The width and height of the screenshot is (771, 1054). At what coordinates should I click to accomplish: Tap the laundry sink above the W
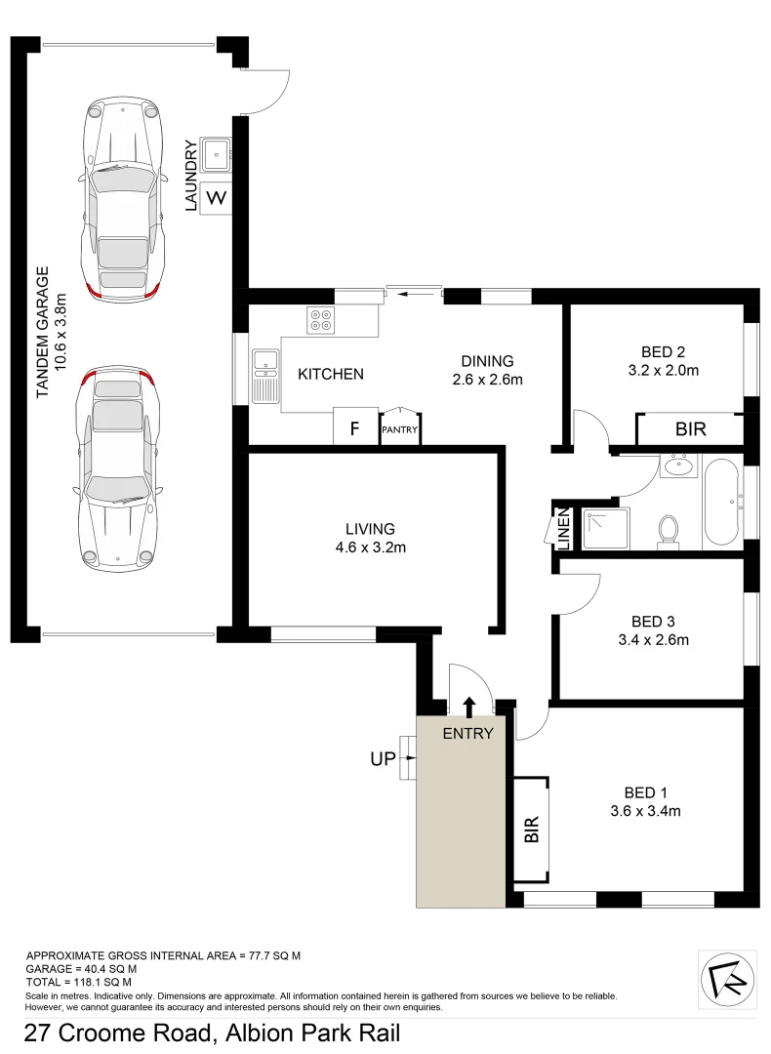(x=216, y=154)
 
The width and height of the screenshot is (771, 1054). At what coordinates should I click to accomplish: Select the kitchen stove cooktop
(x=320, y=319)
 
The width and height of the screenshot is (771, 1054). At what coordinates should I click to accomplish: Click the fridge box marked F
(x=355, y=426)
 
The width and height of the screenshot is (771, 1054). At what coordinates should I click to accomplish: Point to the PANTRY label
(x=400, y=428)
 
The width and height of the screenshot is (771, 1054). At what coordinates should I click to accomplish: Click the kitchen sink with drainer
(x=265, y=376)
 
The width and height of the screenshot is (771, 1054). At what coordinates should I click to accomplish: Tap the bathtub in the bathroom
(x=721, y=501)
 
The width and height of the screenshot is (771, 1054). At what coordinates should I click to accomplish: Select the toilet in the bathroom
(x=669, y=531)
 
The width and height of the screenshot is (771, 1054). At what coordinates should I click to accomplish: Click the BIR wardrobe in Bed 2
(x=690, y=428)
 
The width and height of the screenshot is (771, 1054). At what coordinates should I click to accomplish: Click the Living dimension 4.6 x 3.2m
(x=370, y=547)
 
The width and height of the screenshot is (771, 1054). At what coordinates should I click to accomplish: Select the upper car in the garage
(x=121, y=199)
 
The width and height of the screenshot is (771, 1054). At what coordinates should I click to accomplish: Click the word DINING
(x=488, y=360)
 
